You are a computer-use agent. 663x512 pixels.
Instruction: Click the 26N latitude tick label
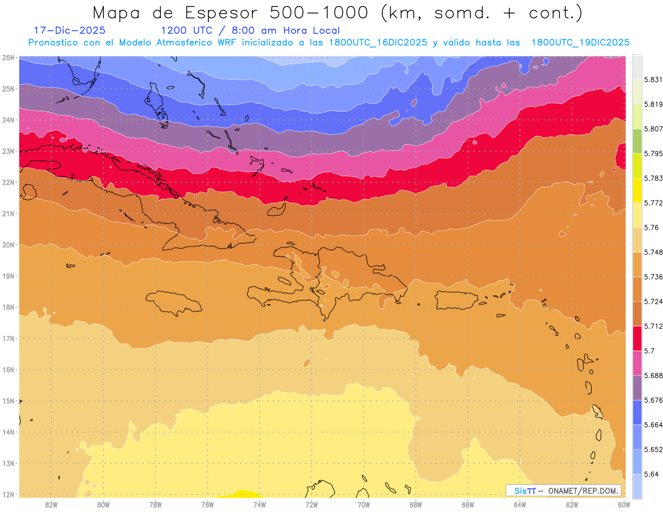coord(8,57)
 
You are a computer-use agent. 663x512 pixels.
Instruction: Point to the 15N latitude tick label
coord(8,401)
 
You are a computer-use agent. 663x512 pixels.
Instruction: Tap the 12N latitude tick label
coord(8,495)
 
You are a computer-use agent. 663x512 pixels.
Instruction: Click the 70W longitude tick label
coord(364,504)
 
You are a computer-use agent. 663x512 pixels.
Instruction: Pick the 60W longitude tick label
coord(624,504)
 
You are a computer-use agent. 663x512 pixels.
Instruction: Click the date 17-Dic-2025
coord(70,30)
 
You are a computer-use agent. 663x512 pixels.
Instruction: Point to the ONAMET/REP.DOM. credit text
coord(583,491)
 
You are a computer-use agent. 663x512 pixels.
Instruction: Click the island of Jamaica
coord(173,303)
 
